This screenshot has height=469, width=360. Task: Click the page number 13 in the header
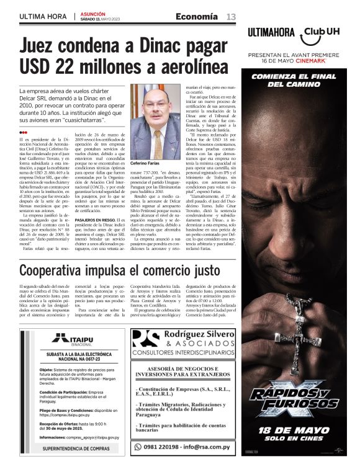(x=231, y=16)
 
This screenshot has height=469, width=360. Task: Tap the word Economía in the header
(x=197, y=16)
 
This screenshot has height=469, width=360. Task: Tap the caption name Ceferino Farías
(x=146, y=163)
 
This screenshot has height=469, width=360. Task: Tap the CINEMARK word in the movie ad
(x=322, y=61)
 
